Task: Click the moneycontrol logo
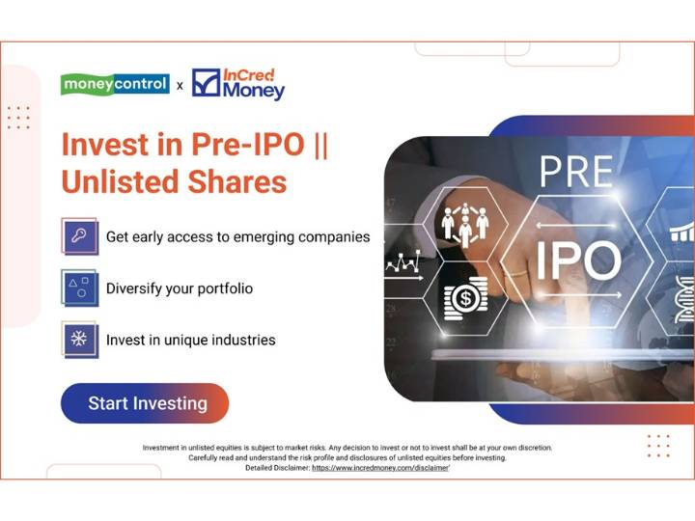(115, 85)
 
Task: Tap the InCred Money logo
(238, 84)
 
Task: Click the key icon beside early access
(79, 236)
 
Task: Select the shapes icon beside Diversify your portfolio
(79, 288)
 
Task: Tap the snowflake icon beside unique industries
(79, 339)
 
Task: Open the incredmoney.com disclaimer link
(380, 467)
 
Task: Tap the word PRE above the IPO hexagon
(575, 173)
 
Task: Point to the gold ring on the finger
(518, 273)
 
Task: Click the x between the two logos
(180, 86)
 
